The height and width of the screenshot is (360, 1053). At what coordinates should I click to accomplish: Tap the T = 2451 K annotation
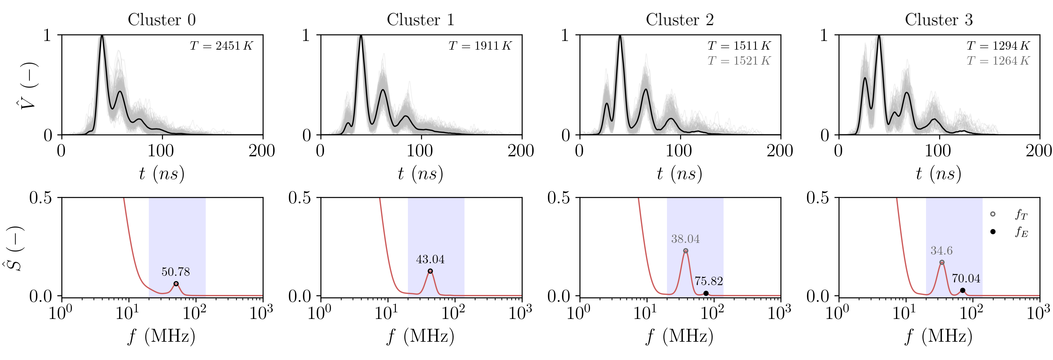click(x=221, y=46)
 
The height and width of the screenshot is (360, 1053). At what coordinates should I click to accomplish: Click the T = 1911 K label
click(x=480, y=46)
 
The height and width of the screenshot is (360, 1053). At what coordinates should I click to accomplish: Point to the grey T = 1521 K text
click(x=739, y=61)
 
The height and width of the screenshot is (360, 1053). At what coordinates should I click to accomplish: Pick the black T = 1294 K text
click(x=998, y=46)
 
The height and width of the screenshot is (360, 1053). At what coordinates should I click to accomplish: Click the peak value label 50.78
click(x=176, y=272)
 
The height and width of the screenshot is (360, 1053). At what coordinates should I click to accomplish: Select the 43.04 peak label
click(x=430, y=259)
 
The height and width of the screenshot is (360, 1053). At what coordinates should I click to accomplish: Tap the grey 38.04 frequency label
click(x=685, y=239)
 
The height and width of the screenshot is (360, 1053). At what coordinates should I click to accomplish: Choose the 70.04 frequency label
click(x=966, y=279)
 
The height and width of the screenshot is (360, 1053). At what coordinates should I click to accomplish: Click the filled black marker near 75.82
click(x=706, y=294)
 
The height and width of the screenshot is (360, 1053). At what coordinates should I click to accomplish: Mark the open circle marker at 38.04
click(x=686, y=251)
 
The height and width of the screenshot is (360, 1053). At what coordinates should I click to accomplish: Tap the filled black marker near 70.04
click(x=963, y=291)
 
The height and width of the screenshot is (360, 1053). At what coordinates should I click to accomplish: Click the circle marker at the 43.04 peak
click(x=430, y=271)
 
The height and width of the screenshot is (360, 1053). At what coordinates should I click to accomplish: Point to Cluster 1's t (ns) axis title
click(x=420, y=174)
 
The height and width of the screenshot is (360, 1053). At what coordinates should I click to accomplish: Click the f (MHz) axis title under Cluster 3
click(x=939, y=336)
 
